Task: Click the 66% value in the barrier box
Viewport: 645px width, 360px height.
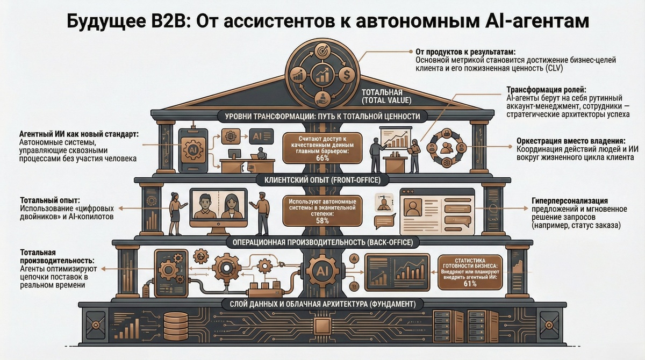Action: coord(322,158)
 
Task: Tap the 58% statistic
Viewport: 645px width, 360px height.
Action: coord(322,221)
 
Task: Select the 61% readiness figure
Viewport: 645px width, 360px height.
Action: coord(470,284)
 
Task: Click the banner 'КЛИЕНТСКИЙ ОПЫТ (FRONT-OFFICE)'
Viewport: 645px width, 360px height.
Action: coord(322,179)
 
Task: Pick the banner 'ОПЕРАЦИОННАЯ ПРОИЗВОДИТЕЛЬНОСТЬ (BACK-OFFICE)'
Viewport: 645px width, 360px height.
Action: coord(322,242)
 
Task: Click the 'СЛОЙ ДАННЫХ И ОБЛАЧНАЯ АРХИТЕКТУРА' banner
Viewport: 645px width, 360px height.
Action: coord(322,304)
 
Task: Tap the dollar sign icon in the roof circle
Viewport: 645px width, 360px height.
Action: coord(347,74)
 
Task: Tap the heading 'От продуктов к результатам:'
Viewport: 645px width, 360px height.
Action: coord(465,52)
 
